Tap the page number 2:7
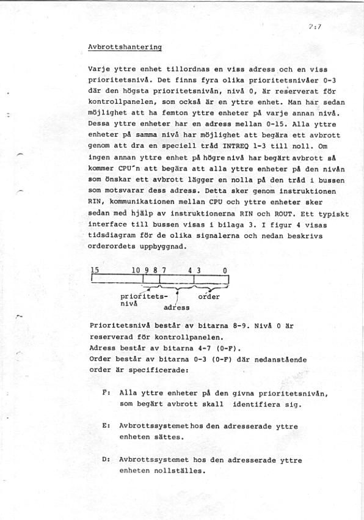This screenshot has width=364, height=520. pyautogui.click(x=315, y=27)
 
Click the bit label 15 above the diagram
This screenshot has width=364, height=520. pyautogui.click(x=95, y=269)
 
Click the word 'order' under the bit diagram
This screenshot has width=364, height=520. pyautogui.click(x=209, y=296)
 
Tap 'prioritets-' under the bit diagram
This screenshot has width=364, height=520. pyautogui.click(x=144, y=296)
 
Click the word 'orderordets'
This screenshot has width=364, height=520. pyautogui.click(x=114, y=247)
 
